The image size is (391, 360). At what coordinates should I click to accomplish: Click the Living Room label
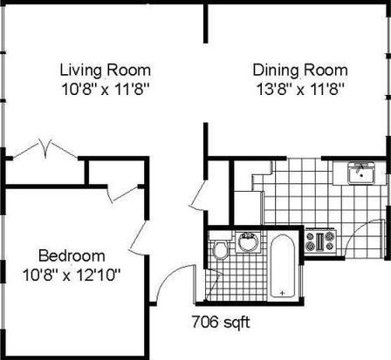coord(106,71)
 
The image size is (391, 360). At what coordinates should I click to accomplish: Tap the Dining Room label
coord(300,71)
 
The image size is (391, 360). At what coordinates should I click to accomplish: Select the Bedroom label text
coord(72,255)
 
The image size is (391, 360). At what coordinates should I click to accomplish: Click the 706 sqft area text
coord(221,322)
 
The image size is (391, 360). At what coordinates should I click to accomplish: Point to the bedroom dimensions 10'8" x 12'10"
coord(72,275)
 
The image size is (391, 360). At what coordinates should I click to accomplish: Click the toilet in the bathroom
coord(220,246)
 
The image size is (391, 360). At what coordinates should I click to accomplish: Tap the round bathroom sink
coord(248,241)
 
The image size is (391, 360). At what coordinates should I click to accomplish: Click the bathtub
coord(282,266)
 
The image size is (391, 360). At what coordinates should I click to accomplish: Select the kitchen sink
coord(361,173)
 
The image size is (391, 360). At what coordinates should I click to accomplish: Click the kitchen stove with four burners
coord(320,241)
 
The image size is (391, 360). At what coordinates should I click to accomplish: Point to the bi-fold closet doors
coord(45,149)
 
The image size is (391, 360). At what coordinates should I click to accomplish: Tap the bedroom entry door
coord(139,238)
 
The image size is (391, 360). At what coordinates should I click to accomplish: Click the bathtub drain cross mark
coord(282,293)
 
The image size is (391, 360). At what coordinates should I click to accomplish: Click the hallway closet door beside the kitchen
coord(197,194)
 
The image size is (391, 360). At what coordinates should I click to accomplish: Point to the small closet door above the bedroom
coord(123,194)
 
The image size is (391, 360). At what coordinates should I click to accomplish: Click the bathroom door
coord(213,285)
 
